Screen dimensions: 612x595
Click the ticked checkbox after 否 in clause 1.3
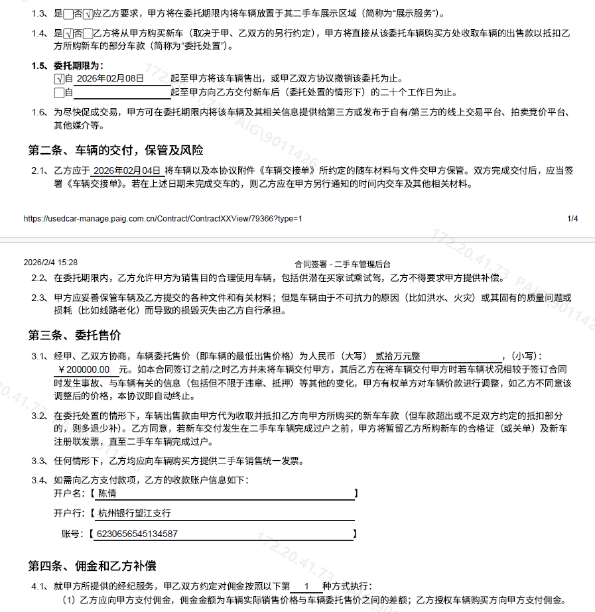pos(88,14)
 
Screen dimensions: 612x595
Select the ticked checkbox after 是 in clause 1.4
pos(68,34)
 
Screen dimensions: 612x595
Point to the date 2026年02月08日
pos(110,78)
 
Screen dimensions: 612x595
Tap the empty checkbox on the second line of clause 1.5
pos(59,92)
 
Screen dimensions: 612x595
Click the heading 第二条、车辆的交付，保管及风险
pos(115,149)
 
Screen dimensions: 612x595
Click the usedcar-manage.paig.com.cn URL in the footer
pos(163,218)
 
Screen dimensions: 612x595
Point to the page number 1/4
pos(572,218)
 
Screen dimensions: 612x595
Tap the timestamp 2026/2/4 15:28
pos(50,263)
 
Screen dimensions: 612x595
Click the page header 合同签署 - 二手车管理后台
pos(343,263)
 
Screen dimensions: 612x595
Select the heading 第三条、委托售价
pos(74,335)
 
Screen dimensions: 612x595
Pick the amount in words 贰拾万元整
pos(398,356)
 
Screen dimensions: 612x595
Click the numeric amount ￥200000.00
pos(84,369)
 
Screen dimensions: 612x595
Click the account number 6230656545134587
pos(137,534)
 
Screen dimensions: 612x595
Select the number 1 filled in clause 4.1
pos(306,586)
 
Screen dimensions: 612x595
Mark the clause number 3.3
pos(38,461)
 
